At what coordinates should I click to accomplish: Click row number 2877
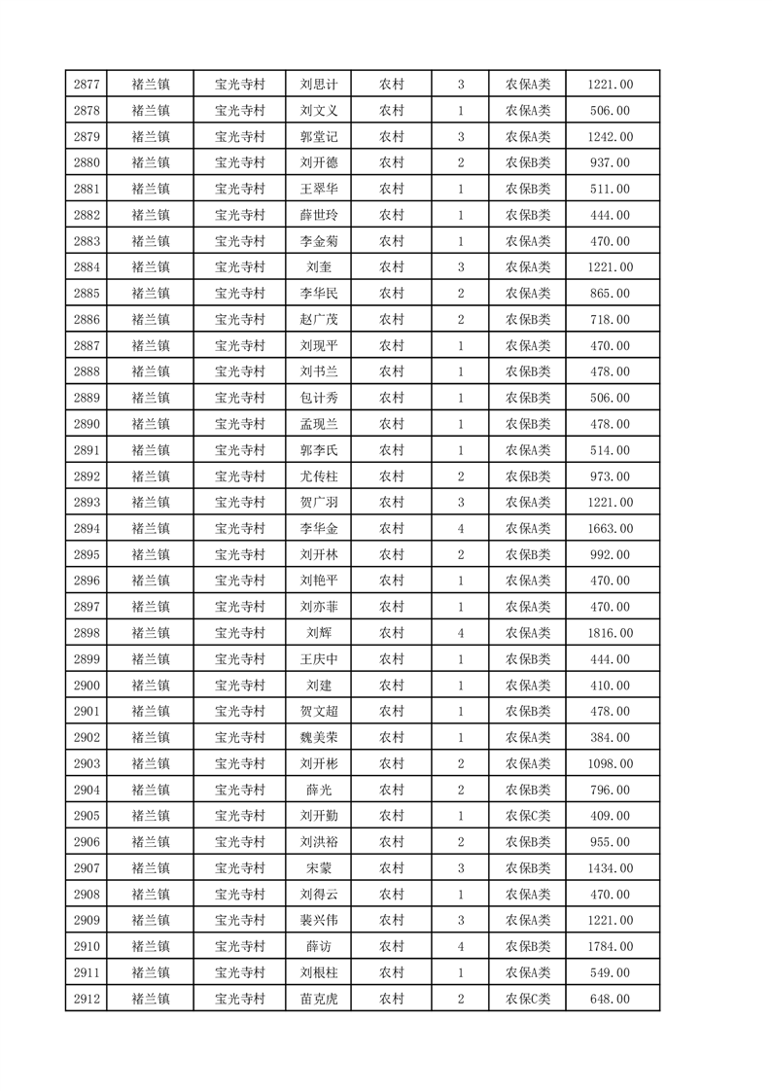pos(86,85)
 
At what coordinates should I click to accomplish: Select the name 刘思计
pos(319,85)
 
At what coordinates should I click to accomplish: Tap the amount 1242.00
pos(611,137)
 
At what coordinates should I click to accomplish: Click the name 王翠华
pos(319,190)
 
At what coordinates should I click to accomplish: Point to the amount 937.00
pos(611,163)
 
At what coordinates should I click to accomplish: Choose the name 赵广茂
pos(319,320)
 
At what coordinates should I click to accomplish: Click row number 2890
pos(86,425)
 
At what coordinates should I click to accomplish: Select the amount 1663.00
pos(611,529)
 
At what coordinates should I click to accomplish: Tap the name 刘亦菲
pos(319,608)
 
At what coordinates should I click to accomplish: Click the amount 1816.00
pos(611,634)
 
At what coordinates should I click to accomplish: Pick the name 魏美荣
pos(319,738)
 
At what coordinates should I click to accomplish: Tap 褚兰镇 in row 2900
pos(151,686)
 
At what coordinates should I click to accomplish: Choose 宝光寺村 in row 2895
pos(240,555)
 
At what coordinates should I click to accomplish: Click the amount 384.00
pos(611,738)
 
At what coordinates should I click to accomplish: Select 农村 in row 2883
pos(392,242)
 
